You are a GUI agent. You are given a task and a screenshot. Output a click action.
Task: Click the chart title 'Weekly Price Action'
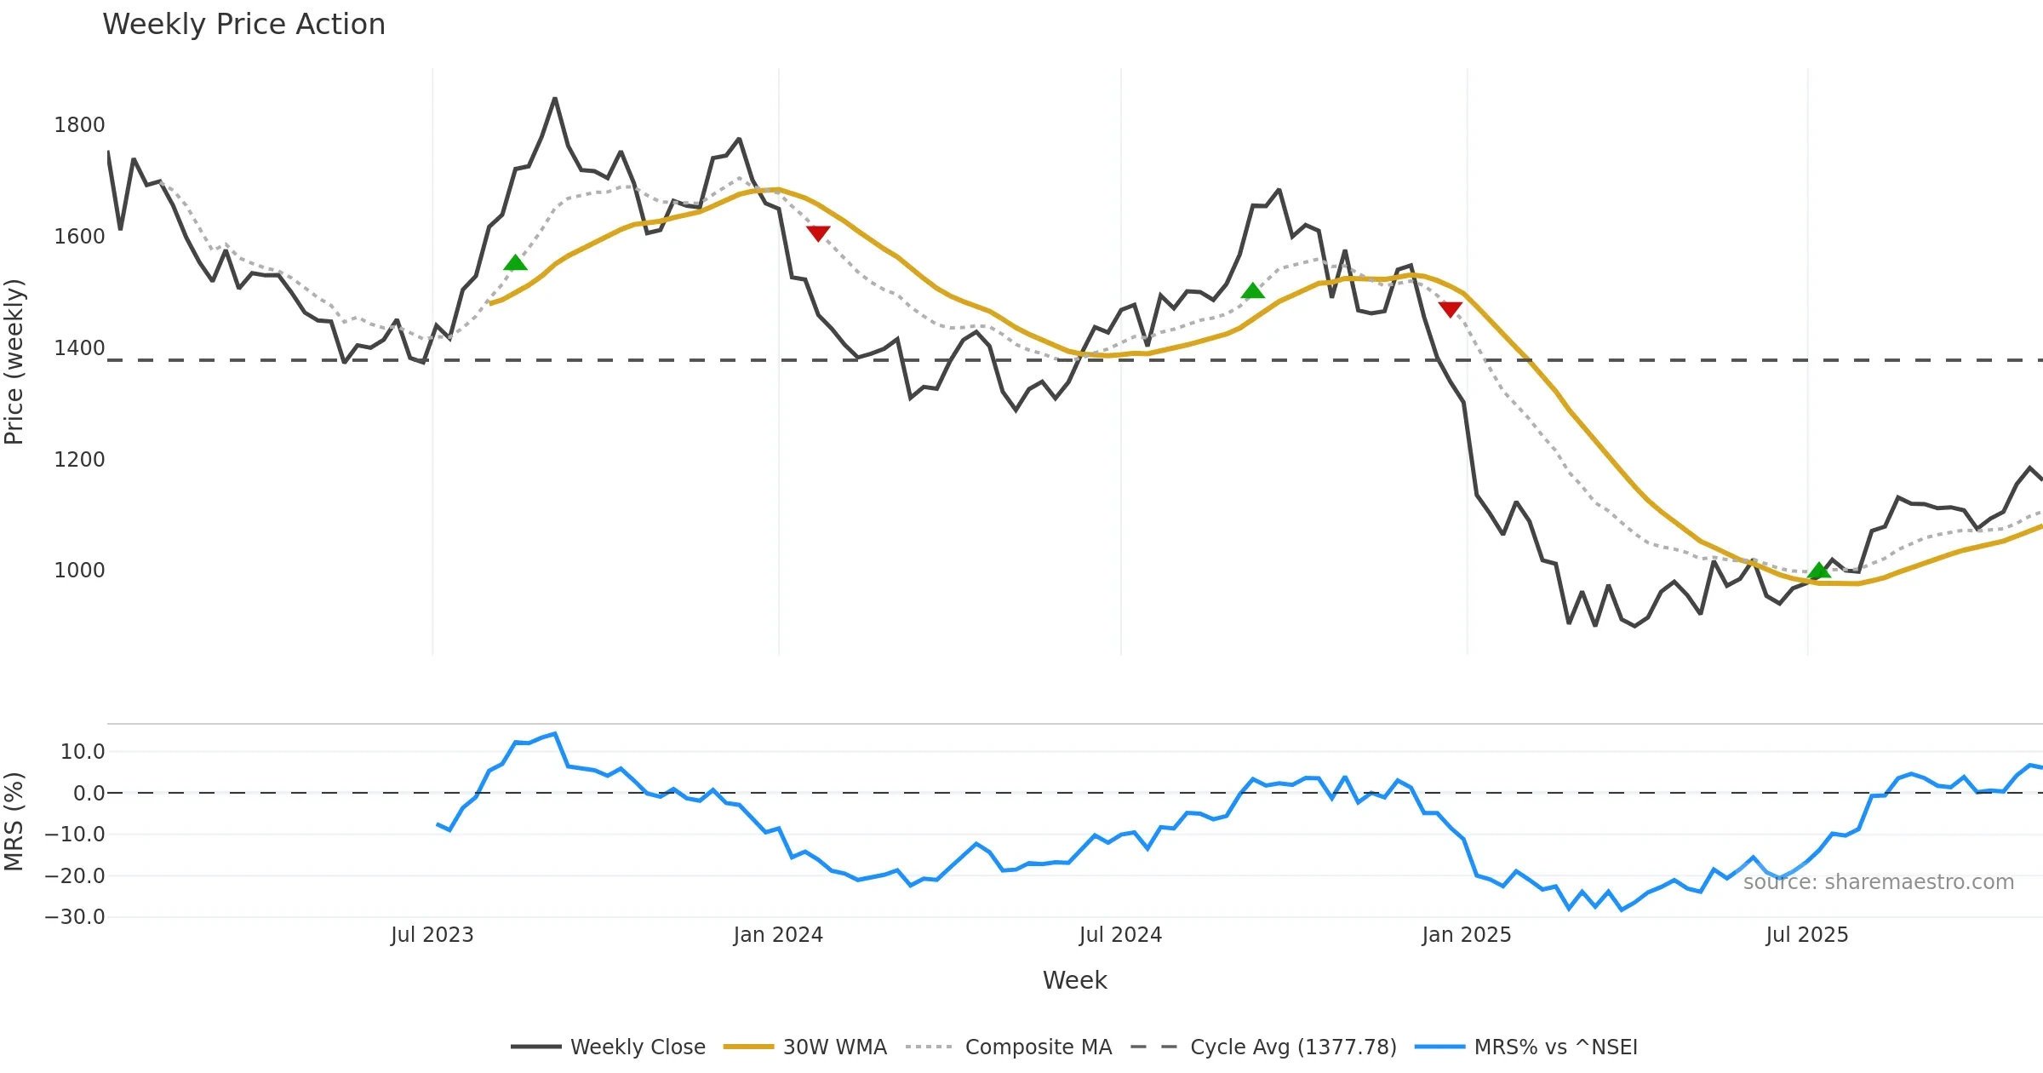coord(243,25)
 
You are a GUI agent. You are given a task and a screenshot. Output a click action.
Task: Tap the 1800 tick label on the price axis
coord(79,125)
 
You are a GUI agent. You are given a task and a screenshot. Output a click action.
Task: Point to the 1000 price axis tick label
coord(79,571)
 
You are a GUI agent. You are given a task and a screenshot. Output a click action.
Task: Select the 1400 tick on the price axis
coord(79,348)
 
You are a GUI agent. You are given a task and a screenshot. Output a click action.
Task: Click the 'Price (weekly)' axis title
coord(14,362)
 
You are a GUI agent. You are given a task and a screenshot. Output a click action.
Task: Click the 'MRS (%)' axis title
coord(14,821)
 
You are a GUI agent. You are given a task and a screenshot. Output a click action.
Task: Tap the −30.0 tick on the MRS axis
coord(75,917)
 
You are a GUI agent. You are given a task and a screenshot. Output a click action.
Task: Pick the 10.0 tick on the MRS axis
coord(83,752)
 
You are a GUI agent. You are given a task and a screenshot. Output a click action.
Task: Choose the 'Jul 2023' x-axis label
coord(432,935)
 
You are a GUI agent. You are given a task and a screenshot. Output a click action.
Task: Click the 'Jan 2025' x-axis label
coord(1467,935)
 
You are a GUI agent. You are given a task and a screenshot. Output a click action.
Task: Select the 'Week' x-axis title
coord(1074,981)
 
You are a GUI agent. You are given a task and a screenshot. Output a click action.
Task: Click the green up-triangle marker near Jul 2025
coord(1819,571)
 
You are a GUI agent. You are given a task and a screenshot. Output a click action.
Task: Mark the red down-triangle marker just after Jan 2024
coord(818,232)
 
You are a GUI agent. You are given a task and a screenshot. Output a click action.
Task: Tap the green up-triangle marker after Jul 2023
coord(515,262)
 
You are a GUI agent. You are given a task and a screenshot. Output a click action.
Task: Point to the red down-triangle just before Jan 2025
coord(1450,308)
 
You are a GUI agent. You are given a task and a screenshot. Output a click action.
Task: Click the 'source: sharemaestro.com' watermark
coord(1878,882)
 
